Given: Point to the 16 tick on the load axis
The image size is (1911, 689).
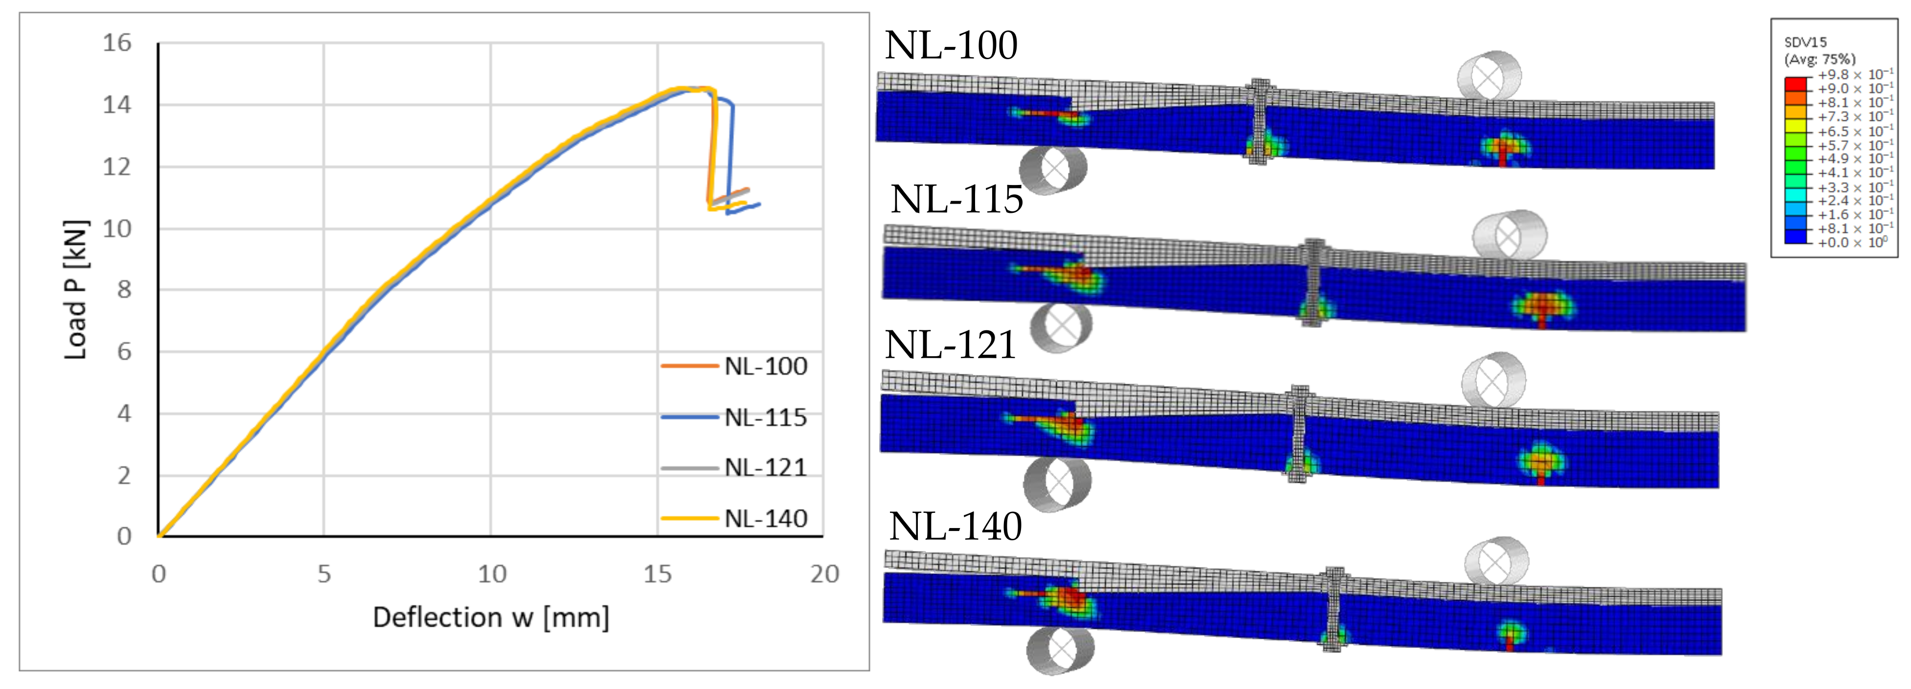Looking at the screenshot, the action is [117, 43].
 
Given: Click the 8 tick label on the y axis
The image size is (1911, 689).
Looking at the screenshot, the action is [124, 290].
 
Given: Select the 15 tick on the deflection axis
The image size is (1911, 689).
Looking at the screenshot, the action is [657, 574].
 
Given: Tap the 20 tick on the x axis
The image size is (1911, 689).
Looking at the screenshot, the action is [824, 574].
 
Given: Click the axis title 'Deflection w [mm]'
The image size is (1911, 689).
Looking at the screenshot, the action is [491, 618].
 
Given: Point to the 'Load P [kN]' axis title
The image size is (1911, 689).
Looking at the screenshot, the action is [76, 290].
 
